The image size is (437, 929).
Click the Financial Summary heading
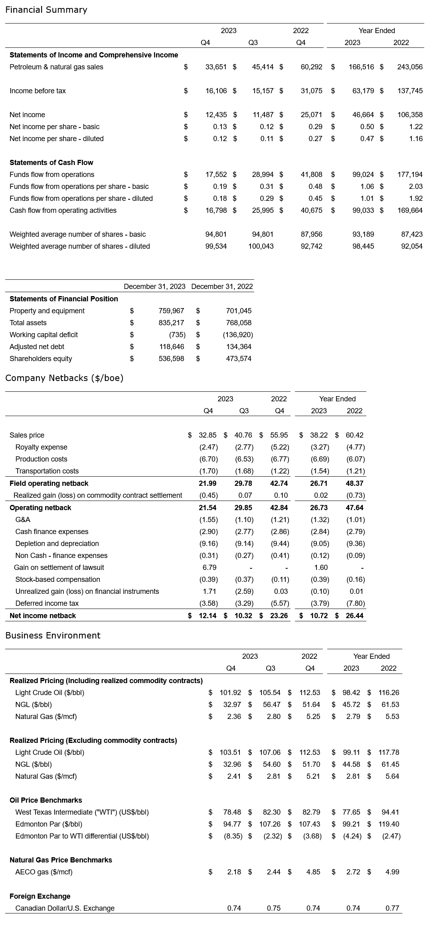46,10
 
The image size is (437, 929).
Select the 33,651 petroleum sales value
216,67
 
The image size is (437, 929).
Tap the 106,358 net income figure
410,115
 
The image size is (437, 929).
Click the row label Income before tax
38,91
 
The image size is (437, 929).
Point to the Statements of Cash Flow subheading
51,163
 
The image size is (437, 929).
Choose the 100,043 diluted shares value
261,246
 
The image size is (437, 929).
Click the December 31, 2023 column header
154,287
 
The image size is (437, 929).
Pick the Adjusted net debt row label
37,347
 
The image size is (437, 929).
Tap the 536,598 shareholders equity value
171,359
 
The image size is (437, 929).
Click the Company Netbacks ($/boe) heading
64,378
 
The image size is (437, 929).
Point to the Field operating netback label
49,483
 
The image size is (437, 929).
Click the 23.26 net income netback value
279,616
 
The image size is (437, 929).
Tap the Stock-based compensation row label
57,579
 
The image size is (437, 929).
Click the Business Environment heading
53,636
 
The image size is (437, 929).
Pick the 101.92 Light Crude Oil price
230,693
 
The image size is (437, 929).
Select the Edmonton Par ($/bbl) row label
49,824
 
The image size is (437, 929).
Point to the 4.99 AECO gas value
392,872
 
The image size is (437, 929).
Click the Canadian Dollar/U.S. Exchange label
65,908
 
